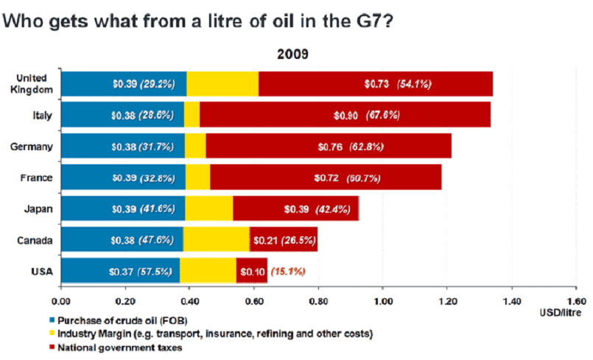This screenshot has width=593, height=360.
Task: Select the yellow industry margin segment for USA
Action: (208, 271)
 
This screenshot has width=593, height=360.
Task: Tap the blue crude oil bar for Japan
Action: (122, 209)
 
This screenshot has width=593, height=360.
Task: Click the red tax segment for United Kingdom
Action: (375, 84)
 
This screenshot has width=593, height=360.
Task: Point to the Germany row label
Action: (32, 147)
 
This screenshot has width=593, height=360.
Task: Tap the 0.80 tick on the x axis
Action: (318, 300)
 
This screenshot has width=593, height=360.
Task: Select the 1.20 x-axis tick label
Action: (447, 300)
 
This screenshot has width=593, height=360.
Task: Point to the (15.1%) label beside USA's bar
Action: (288, 271)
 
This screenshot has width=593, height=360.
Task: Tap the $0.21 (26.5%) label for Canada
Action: (284, 240)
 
